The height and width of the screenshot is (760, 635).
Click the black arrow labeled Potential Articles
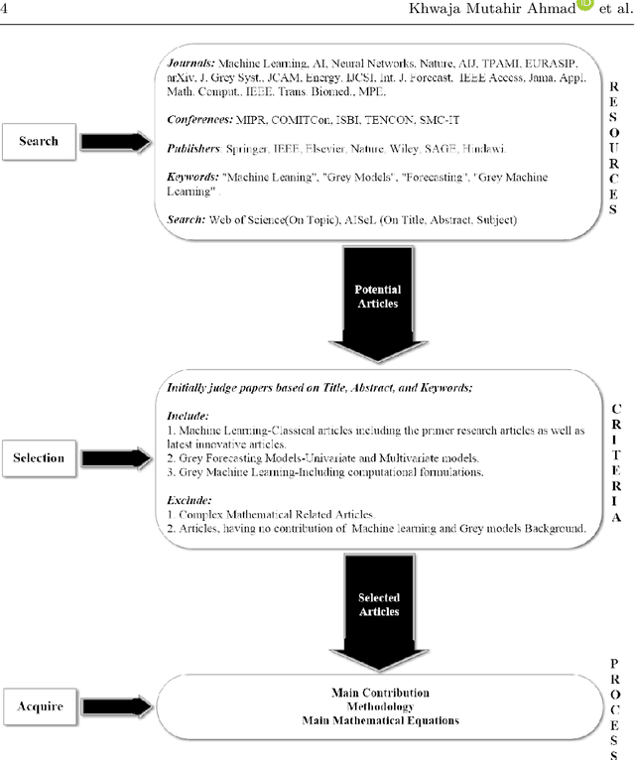[377, 303]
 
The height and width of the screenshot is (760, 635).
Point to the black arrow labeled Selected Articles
[377, 609]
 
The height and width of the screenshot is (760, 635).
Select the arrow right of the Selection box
[115, 457]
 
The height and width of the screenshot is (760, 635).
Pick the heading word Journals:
[186, 61]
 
